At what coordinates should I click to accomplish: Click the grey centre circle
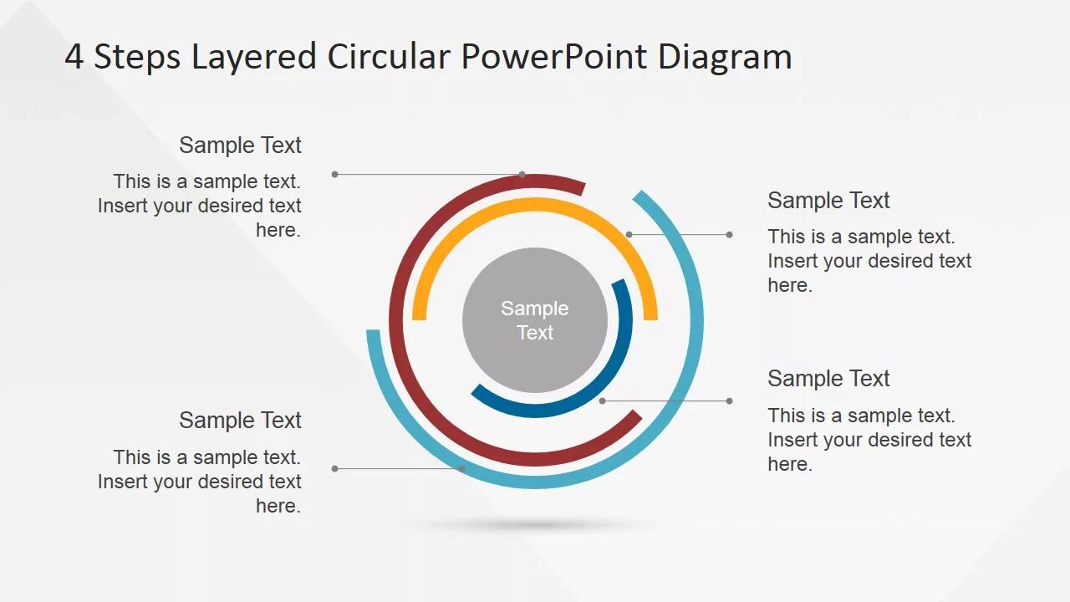pyautogui.click(x=535, y=320)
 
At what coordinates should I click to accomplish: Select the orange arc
pyautogui.click(x=535, y=205)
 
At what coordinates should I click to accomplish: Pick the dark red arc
pyautogui.click(x=395, y=320)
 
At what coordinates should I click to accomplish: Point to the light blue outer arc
pyautogui.click(x=696, y=320)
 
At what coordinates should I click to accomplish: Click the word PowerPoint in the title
pyautogui.click(x=553, y=57)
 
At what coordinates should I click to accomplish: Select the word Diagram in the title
pyautogui.click(x=725, y=57)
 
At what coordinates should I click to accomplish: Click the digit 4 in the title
pyautogui.click(x=74, y=57)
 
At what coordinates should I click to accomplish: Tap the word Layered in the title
pyautogui.click(x=254, y=57)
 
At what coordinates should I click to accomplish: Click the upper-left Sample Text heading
pyautogui.click(x=240, y=145)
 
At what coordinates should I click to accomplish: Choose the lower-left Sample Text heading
pyautogui.click(x=240, y=421)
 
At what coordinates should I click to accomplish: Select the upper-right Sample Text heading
pyautogui.click(x=828, y=201)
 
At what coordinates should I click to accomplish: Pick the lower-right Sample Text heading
pyautogui.click(x=828, y=379)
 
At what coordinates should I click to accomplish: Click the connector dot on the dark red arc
pyautogui.click(x=522, y=175)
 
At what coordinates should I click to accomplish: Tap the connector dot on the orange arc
pyautogui.click(x=629, y=235)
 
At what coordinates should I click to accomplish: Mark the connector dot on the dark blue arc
pyautogui.click(x=602, y=401)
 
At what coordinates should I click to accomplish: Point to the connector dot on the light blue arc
pyautogui.click(x=462, y=469)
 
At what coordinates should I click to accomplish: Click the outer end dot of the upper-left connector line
pyautogui.click(x=334, y=175)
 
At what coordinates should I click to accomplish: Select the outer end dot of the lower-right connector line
pyautogui.click(x=730, y=401)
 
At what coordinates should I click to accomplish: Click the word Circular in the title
pyautogui.click(x=389, y=57)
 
